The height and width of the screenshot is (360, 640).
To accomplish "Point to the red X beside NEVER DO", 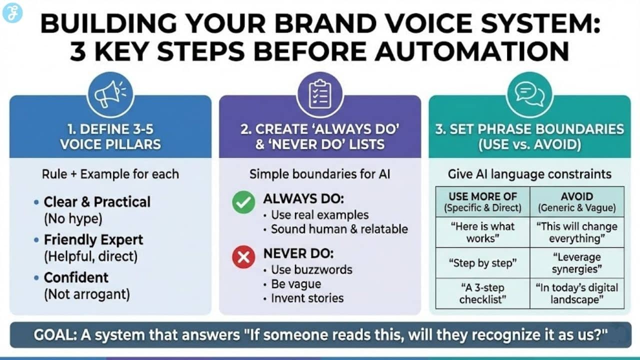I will coord(243,257).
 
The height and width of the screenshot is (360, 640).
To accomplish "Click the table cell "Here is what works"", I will coord(482,232).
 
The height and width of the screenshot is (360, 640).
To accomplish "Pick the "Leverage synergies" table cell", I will coord(576,263).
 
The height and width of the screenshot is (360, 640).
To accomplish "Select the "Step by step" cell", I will coord(482,263).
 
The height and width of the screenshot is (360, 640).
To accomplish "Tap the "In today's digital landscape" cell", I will coord(576,293).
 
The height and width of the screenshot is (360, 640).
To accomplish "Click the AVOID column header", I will coord(576,201).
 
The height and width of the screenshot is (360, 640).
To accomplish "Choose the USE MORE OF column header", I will coord(482,201).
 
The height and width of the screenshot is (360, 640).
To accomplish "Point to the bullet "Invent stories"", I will coord(307,298).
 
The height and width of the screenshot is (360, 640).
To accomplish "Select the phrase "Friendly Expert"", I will coord(93,240).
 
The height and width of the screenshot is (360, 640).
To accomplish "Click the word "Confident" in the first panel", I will coord(76,277).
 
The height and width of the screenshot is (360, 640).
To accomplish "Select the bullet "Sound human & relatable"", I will coord(339,229).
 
